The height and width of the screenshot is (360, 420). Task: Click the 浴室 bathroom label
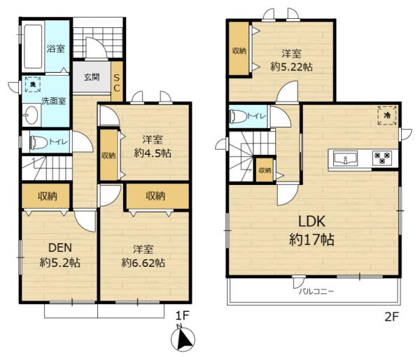coord(56,48)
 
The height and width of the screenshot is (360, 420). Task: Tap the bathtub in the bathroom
coord(33,47)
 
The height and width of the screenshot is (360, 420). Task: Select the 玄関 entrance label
coord(92,77)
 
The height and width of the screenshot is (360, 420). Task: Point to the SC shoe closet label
coord(117,83)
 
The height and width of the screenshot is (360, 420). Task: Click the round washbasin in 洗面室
coord(31,116)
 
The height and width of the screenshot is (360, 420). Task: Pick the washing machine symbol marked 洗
coord(33,85)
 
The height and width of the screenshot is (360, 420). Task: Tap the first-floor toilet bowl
coord(38,141)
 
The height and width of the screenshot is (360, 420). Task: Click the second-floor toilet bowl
coord(239,116)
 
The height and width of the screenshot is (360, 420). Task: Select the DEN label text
coord(60,248)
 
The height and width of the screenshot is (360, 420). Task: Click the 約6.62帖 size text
coord(143,263)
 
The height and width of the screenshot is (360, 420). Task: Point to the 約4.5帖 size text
coord(153,153)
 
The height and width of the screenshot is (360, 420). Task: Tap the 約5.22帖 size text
coord(291,67)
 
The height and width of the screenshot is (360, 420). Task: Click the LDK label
coord(311,222)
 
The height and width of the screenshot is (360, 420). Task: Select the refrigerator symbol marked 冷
coord(387,116)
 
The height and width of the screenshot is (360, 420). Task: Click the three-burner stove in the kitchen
coord(382,158)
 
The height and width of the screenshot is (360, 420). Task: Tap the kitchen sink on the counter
coord(345,158)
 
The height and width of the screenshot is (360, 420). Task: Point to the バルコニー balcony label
coord(316,291)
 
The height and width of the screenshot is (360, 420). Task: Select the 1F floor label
coord(183,316)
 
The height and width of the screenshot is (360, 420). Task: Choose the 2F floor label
coord(392,317)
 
